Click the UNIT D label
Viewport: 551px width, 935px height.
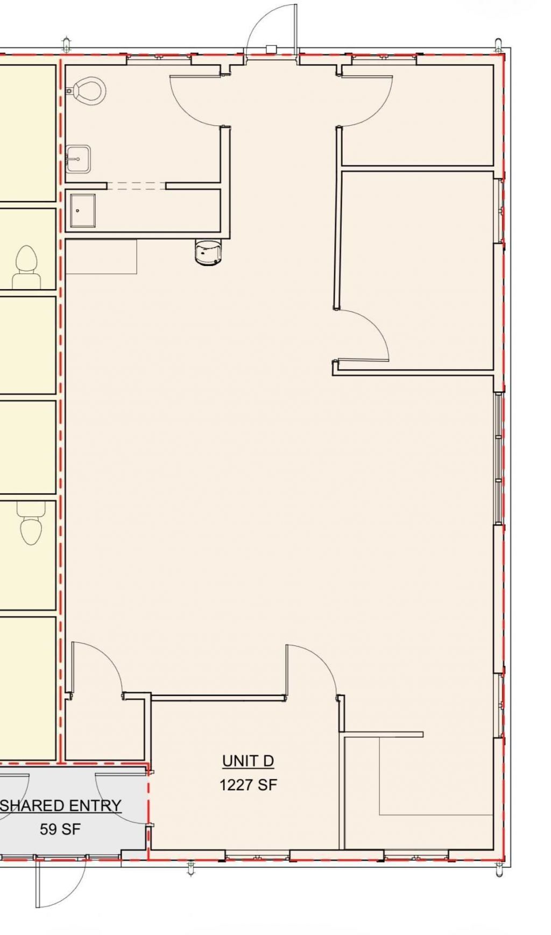pyautogui.click(x=248, y=761)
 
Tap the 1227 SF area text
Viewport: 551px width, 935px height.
pyautogui.click(x=248, y=785)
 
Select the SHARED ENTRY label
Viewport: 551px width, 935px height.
pyautogui.click(x=60, y=805)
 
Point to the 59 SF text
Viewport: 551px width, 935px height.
pyautogui.click(x=60, y=829)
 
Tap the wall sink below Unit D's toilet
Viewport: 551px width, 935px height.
pyautogui.click(x=78, y=159)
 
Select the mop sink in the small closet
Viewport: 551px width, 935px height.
pyautogui.click(x=83, y=210)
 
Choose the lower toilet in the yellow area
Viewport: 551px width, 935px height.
pyautogui.click(x=31, y=523)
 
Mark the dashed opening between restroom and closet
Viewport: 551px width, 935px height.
pyautogui.click(x=136, y=186)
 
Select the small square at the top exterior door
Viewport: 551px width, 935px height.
pyautogui.click(x=271, y=50)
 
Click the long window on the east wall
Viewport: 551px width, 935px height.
pyautogui.click(x=499, y=458)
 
